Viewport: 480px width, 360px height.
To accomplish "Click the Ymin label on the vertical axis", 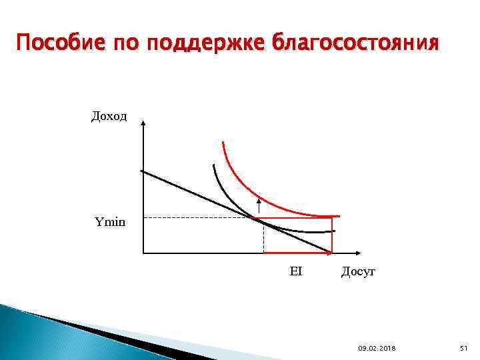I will [x=109, y=221].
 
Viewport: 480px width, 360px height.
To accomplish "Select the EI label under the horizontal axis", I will [x=296, y=271].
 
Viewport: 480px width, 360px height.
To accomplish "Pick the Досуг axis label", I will [x=359, y=271].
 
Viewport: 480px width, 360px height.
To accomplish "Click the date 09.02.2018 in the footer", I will [x=376, y=347].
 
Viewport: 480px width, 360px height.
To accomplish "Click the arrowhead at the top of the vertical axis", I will [x=143, y=123].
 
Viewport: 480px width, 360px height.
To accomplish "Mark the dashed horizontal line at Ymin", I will [x=200, y=217].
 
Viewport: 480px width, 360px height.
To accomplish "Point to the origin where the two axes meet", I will [x=143, y=253].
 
